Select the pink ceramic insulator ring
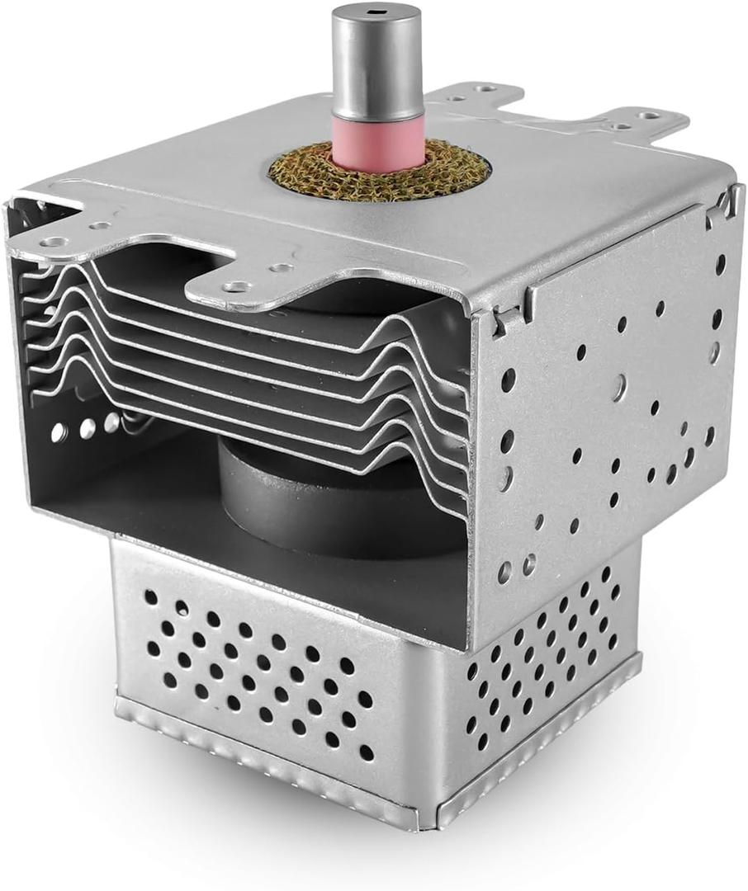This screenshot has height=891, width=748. point(376,143)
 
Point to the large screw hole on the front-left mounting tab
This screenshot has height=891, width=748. point(54,243)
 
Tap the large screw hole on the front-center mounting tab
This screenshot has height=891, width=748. point(238,287)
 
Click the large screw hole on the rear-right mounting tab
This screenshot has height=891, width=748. point(650,115)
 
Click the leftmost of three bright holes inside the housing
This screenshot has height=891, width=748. point(59,432)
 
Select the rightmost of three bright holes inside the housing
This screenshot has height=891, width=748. point(111,422)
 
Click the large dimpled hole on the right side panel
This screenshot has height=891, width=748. point(618,387)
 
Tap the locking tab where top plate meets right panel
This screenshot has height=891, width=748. point(505,318)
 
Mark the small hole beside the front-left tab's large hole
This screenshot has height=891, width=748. point(100,225)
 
